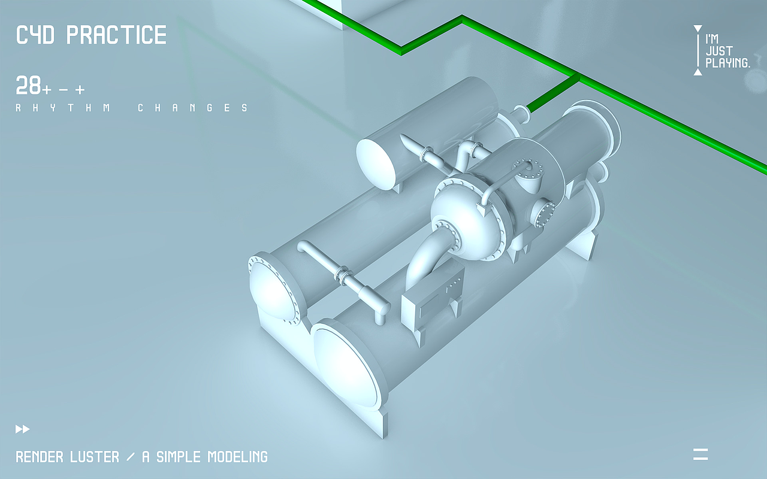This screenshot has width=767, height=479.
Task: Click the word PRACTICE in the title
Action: (x=116, y=35)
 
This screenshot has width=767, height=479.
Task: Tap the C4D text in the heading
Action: (x=35, y=35)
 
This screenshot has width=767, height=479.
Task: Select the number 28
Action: (x=28, y=86)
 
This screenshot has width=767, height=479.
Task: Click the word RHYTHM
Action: (x=64, y=108)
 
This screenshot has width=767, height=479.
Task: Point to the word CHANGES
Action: (x=193, y=108)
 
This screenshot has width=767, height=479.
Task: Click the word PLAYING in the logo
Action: (x=727, y=63)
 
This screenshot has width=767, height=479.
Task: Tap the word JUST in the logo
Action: (x=719, y=51)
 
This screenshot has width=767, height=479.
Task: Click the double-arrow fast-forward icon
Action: (x=23, y=429)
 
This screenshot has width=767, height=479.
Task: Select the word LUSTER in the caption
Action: (x=95, y=457)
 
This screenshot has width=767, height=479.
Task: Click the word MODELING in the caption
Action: (x=238, y=457)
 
